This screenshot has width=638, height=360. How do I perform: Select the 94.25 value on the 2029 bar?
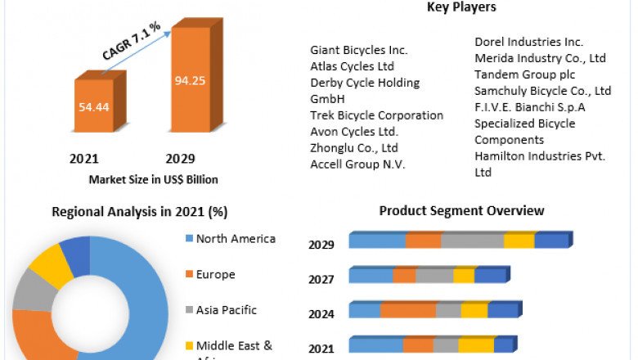pos(195,81)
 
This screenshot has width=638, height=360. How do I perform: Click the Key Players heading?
pos(461,7)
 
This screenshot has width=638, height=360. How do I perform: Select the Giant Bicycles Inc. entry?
pos(359,51)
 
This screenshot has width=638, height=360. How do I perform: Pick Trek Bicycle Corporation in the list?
pos(376,115)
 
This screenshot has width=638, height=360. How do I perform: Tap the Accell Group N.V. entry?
pos(357,164)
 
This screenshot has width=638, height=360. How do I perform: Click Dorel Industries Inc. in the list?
pos(528,42)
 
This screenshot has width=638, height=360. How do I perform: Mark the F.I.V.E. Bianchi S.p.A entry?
pos(530,107)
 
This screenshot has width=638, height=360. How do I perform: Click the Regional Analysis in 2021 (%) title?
pos(139,211)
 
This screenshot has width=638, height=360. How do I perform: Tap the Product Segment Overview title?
pos(461,211)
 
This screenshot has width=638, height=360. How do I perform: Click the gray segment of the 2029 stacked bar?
pos(472,241)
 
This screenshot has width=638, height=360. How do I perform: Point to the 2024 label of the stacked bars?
pos(321,314)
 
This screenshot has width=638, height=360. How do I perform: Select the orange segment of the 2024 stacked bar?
pos(407,310)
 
